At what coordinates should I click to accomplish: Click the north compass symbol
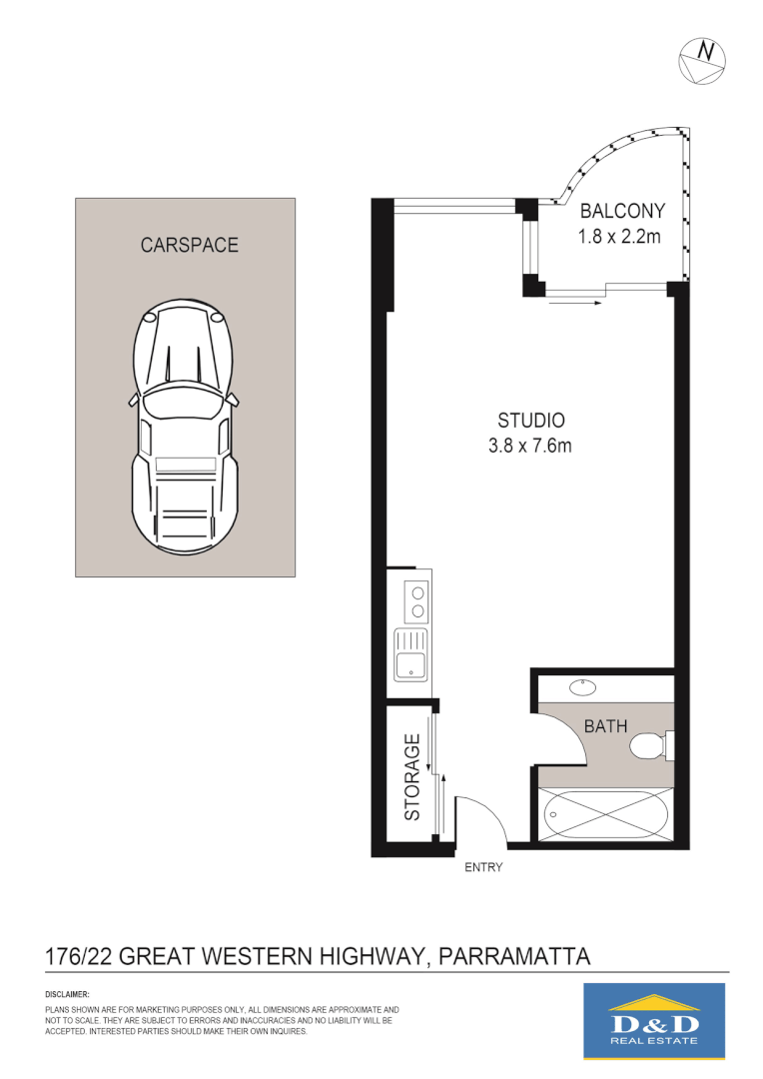click(701, 60)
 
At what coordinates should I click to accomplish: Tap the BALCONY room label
click(622, 211)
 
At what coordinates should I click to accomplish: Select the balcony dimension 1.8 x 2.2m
click(622, 237)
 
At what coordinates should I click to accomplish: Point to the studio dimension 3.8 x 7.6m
click(530, 447)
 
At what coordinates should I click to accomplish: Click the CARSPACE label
click(189, 245)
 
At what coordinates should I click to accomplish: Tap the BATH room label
click(605, 726)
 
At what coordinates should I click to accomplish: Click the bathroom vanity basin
click(582, 687)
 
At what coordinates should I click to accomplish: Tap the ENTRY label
click(483, 867)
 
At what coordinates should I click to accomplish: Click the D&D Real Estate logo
click(653, 1020)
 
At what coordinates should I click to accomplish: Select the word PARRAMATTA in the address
click(515, 955)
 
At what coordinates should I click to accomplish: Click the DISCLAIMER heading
click(68, 995)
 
